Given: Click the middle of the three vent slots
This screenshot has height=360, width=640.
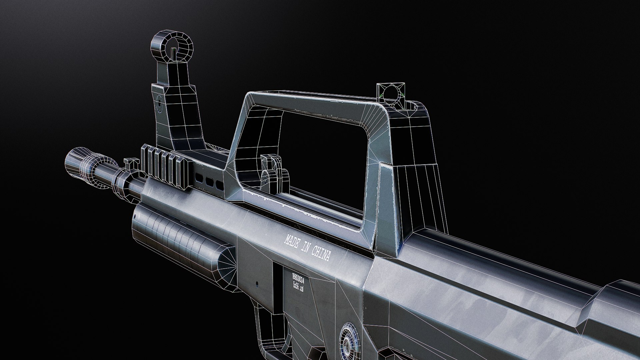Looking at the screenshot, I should pyautogui.click(x=210, y=182).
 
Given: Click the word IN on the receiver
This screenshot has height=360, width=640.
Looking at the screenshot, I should pyautogui.click(x=306, y=247).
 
